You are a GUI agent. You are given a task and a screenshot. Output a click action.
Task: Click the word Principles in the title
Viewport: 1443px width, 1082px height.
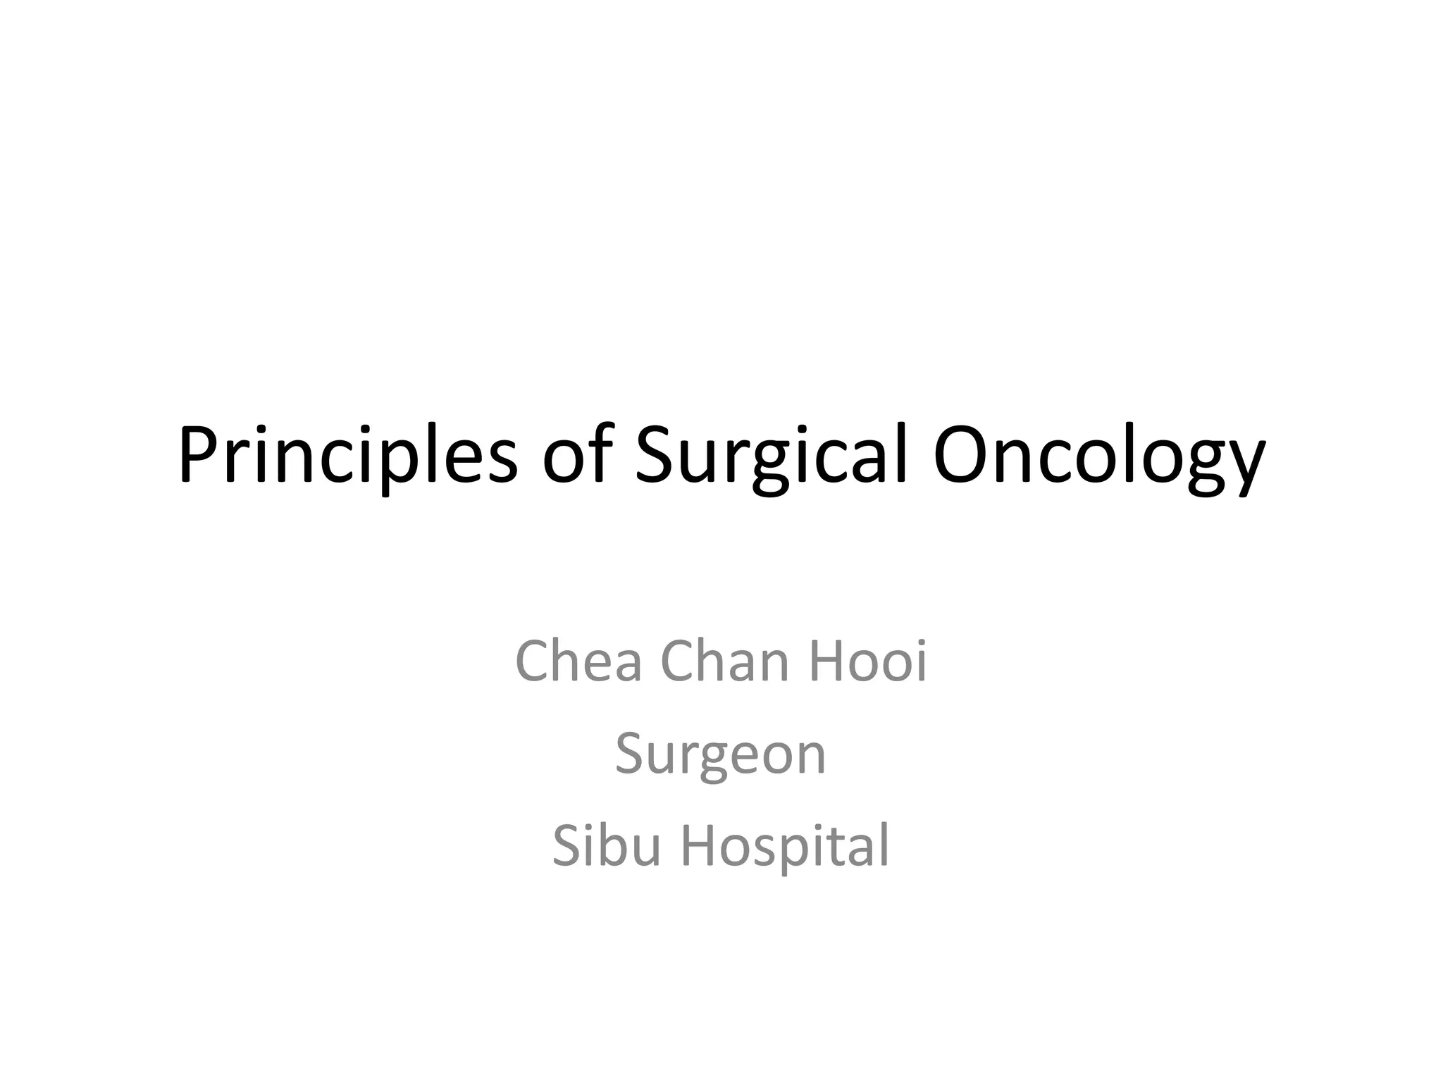[347, 456]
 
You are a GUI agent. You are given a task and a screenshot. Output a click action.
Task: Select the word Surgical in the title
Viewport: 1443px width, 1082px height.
[771, 456]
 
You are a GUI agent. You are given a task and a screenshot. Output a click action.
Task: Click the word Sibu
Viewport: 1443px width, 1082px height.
[605, 845]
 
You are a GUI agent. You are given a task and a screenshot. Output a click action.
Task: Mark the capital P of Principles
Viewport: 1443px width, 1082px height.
[199, 454]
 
